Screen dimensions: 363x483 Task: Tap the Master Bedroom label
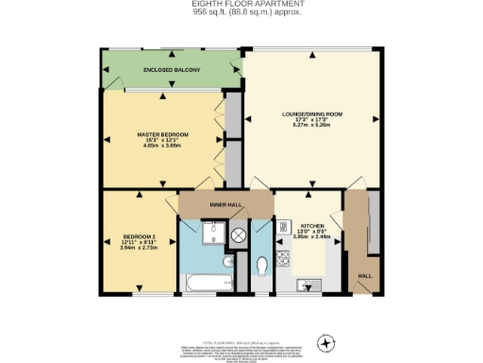[163, 135]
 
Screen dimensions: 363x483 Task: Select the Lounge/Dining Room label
[311, 114]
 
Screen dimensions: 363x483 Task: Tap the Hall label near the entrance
[363, 276]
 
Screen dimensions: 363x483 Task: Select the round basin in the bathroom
[228, 261]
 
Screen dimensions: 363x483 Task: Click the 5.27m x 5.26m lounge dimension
[311, 126]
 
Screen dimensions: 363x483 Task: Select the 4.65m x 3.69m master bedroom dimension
[163, 147]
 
